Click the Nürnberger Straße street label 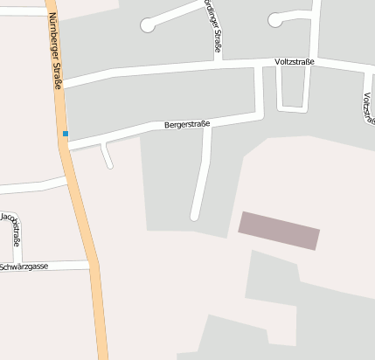coord(54,51)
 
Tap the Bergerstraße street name coord(187,125)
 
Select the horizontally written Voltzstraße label coord(294,61)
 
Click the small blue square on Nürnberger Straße coord(65,134)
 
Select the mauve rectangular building coord(279,231)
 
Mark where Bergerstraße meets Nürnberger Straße coord(66,148)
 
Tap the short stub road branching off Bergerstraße coord(107,156)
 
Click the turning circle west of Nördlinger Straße coord(148,26)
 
